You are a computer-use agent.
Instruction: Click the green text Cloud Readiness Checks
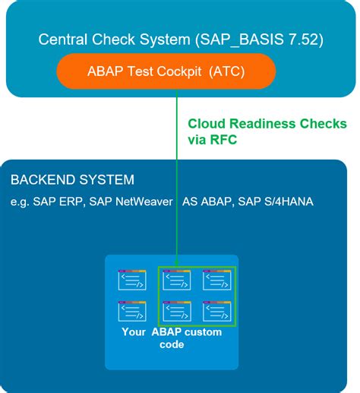coord(267,124)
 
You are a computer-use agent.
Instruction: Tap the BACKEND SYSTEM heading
coord(72,180)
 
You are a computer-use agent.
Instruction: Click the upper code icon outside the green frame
coord(132,281)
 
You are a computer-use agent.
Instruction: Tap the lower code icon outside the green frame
coord(132,311)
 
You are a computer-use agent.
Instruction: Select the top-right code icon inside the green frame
coord(216,281)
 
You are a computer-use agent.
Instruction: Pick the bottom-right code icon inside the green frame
coord(216,311)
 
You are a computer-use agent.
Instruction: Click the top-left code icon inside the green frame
coord(177,281)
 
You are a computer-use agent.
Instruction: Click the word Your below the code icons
coord(134,332)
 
